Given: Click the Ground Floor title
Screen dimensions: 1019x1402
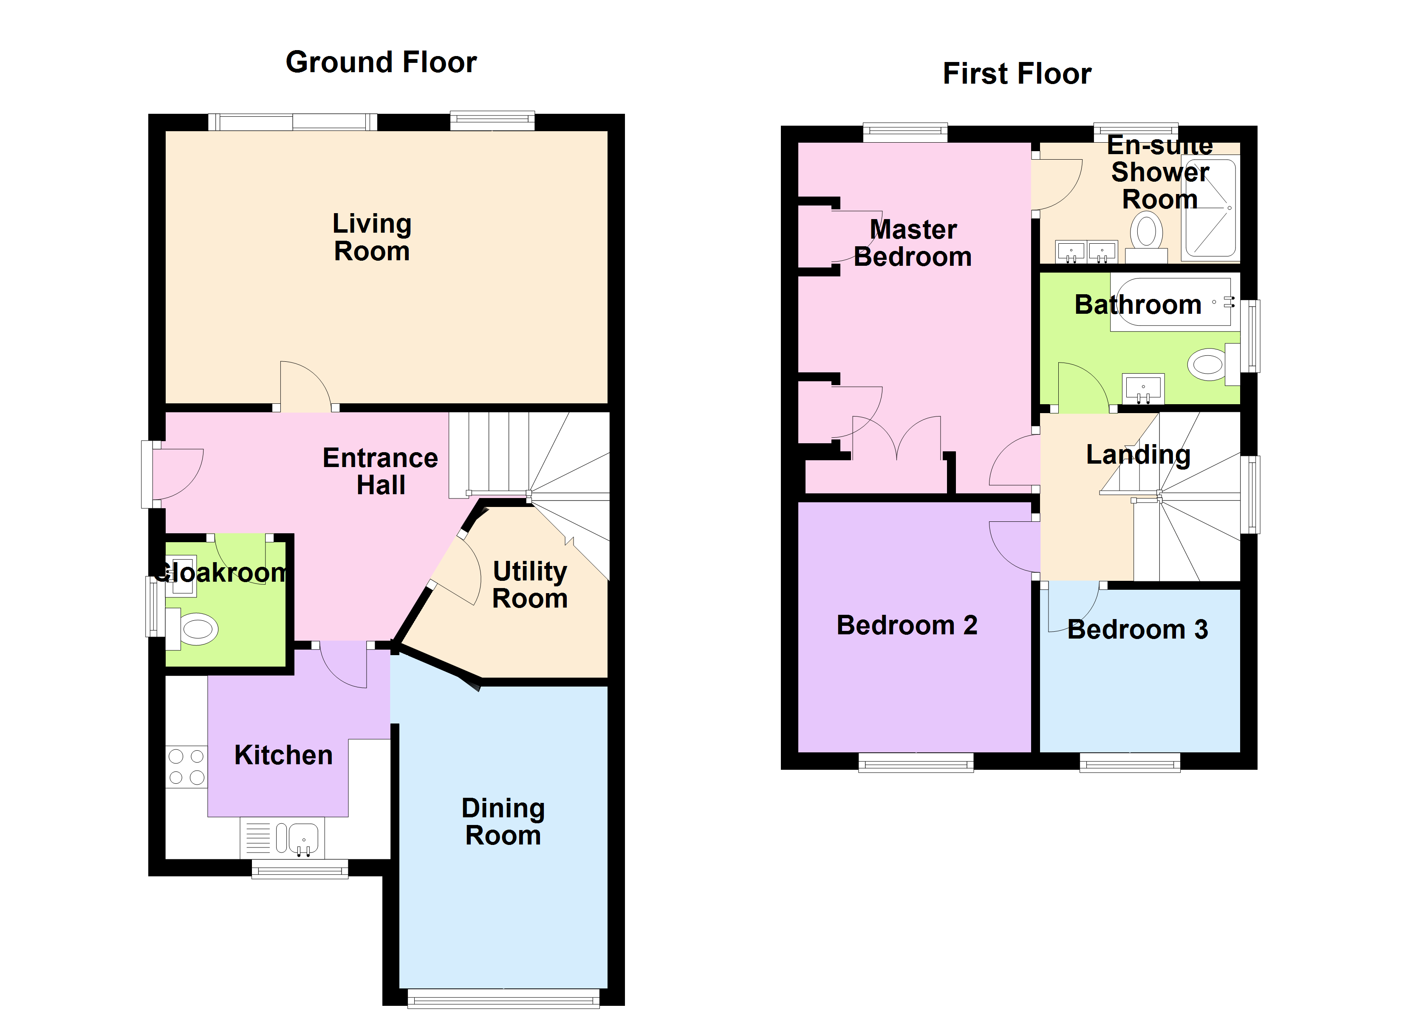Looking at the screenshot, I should coord(381,62).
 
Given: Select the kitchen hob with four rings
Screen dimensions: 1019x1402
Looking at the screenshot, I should coord(187,766).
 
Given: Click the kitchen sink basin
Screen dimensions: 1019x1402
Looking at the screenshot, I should coord(303,839).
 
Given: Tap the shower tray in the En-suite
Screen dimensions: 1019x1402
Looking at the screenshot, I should coord(1209,208).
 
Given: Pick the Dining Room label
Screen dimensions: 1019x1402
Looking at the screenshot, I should coord(503,822).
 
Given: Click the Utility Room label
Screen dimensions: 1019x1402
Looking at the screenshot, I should coord(530,585).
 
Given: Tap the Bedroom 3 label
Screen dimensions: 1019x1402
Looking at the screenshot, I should coord(1137,630).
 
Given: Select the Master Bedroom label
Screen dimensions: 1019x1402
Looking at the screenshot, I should coord(913,243).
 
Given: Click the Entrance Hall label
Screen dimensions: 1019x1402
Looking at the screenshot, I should coord(380,471).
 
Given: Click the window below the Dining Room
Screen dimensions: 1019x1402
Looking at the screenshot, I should coord(503,999).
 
